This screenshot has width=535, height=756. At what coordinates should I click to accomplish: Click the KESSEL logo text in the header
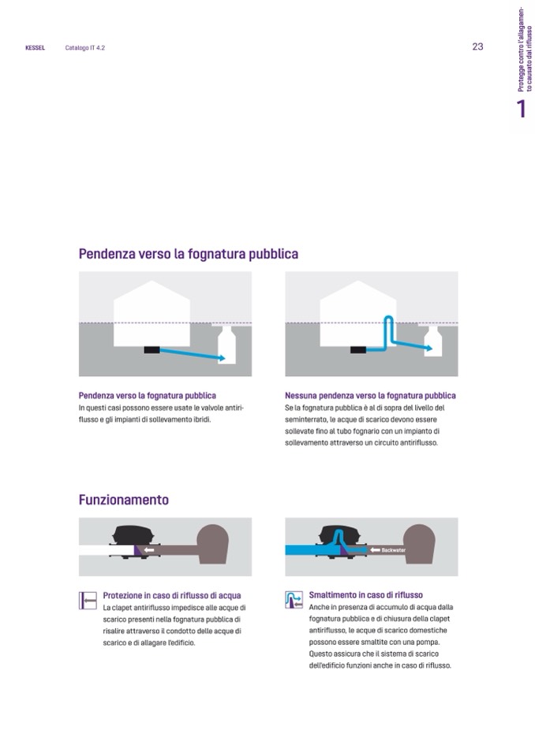36,48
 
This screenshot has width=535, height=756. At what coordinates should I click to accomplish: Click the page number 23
477,47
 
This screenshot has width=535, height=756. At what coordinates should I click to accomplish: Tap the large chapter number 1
521,109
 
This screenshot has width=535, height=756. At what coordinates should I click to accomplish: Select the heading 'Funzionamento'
124,500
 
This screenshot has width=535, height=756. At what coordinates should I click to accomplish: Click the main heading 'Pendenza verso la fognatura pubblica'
188,254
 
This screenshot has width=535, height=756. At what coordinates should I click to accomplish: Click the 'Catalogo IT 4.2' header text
85,48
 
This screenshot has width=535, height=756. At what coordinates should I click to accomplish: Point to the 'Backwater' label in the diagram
393,550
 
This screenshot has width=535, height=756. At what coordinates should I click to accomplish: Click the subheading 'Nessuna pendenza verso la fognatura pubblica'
370,396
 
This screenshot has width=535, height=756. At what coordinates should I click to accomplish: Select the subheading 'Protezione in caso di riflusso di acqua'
172,595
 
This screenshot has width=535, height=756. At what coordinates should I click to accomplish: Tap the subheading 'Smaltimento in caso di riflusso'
365,595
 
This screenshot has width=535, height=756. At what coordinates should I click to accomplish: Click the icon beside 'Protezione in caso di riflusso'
88,601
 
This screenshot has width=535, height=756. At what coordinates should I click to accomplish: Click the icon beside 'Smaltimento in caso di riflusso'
294,600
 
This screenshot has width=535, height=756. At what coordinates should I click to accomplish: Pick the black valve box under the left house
152,349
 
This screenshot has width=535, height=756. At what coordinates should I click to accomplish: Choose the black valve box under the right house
358,349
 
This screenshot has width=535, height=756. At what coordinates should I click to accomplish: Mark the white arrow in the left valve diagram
148,549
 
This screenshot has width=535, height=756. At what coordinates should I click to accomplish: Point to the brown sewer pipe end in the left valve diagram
213,545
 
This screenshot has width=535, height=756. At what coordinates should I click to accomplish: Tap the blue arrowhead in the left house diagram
222,358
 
